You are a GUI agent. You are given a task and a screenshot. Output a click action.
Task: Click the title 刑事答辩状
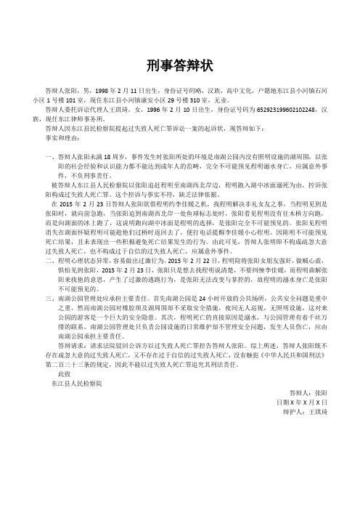tap(180, 65)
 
